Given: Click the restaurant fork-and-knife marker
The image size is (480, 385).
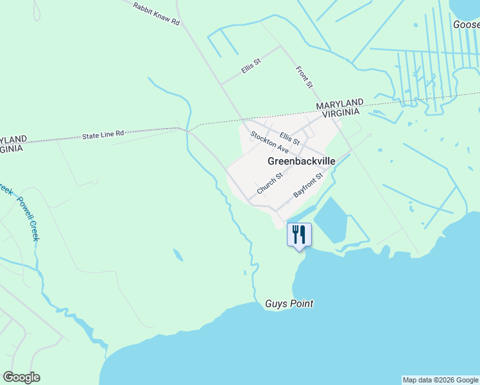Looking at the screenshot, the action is [x=299, y=234].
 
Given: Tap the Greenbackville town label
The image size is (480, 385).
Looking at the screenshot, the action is [x=301, y=162].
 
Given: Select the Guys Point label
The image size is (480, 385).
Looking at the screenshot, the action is [x=289, y=304].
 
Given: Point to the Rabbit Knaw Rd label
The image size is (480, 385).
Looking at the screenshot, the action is [x=156, y=13].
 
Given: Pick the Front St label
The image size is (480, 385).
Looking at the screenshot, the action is [x=304, y=76].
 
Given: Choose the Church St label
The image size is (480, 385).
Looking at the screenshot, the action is [x=270, y=184].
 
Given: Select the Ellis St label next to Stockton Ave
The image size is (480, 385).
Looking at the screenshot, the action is [x=290, y=138].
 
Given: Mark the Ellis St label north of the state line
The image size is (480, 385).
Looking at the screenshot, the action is [x=251, y=67].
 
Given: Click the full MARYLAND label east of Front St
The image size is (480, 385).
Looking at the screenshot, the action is [x=339, y=105].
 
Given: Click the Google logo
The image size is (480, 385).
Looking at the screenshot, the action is [x=21, y=377].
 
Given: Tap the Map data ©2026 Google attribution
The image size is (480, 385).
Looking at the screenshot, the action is [x=440, y=380].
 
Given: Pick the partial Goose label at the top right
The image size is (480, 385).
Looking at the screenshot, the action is [x=466, y=24].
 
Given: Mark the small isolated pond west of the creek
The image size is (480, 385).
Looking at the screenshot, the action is [x=178, y=255].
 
